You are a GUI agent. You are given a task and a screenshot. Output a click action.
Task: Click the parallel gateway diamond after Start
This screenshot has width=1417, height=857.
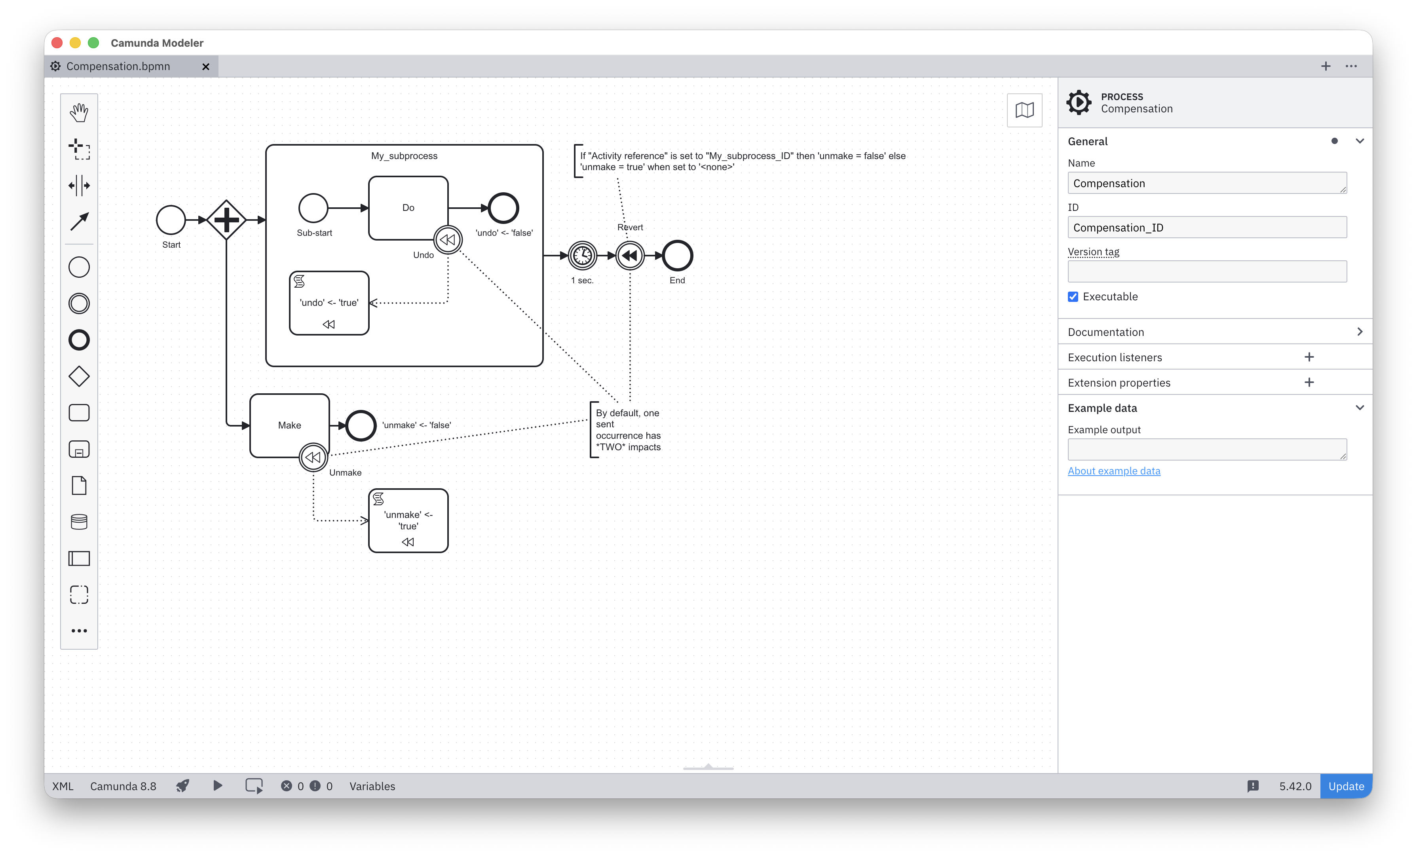[226, 220]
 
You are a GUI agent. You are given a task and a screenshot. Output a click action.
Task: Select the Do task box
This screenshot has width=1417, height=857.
[408, 207]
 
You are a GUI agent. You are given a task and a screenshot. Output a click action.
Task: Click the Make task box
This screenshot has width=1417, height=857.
[289, 425]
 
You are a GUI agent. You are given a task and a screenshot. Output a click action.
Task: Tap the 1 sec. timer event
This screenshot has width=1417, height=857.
[583, 256]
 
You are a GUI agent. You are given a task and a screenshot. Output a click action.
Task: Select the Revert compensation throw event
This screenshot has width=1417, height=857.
[630, 256]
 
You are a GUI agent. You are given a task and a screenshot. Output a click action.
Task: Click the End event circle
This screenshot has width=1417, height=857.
[678, 256]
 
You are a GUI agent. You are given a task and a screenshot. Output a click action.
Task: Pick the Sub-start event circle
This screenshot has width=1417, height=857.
[313, 208]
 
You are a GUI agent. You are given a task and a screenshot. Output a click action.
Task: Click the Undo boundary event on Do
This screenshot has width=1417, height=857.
[448, 240]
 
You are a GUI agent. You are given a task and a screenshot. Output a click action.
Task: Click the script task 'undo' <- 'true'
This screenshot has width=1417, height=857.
[329, 303]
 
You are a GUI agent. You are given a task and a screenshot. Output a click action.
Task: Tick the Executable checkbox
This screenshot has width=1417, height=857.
[1073, 297]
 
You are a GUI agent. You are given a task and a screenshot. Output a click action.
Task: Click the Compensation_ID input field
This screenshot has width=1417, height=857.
[1206, 228]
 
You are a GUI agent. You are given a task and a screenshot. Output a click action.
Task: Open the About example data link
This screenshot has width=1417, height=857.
[1114, 471]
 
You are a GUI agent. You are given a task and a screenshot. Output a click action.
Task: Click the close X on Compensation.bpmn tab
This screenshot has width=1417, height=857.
[206, 67]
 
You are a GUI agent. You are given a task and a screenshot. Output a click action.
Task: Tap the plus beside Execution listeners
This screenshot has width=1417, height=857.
[1309, 357]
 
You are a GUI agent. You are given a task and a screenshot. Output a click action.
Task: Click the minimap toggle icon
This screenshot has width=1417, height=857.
[1024, 110]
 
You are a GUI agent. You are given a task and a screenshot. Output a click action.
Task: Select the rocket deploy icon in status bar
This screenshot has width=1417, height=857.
[182, 786]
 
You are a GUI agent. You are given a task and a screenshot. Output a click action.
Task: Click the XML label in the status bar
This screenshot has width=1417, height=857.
[63, 786]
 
